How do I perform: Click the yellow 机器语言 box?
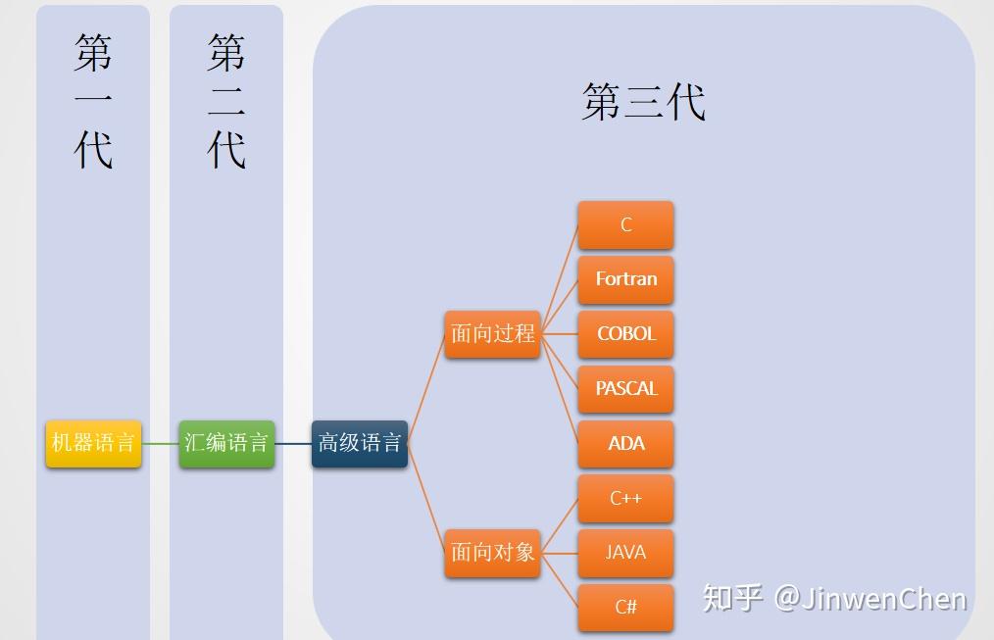coord(93,443)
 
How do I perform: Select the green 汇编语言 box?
coord(226,443)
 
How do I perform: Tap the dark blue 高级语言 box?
coord(360,443)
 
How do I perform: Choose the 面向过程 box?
coord(492,334)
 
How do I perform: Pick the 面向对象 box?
coord(492,553)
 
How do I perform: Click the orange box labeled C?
coord(625,225)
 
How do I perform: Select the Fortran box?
coord(625,279)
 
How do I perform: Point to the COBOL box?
coord(625,334)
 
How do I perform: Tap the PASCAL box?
coord(625,389)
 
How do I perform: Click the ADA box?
coord(625,443)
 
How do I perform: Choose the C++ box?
coord(625,498)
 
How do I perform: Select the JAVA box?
coord(625,553)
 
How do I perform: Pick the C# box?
coord(625,607)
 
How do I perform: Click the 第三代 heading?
coord(643,102)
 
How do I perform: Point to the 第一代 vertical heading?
coord(93,101)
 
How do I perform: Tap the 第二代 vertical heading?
coord(226,101)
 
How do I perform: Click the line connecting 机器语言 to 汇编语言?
coord(160,443)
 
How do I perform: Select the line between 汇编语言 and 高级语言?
coord(293,443)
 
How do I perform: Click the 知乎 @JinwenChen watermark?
coord(834,598)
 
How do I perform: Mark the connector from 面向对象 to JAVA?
coord(559,553)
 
